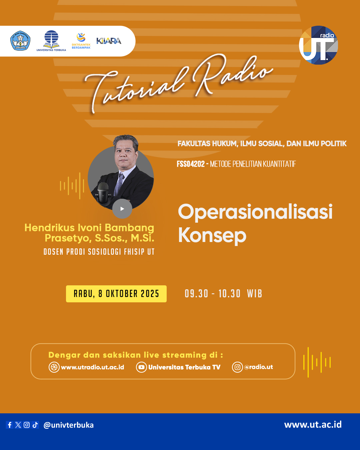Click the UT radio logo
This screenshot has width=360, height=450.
pos(318,45)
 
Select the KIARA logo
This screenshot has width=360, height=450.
pos(109,41)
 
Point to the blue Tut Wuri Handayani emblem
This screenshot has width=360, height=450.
pos(20,41)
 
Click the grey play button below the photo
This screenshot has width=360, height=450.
pos(122,209)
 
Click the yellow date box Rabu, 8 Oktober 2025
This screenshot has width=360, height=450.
pos(116,294)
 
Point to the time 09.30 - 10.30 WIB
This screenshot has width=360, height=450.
pos(223,294)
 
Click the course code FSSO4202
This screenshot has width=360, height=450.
pos(191,164)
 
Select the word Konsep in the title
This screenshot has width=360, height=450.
pos(212,235)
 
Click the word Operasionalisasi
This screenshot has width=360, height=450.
pos(255,212)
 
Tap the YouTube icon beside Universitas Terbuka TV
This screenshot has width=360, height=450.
pos(141,367)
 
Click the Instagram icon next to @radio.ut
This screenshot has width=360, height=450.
pos(237,367)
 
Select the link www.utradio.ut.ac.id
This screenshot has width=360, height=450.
pos(92,367)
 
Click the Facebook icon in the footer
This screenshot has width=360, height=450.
pos(10,425)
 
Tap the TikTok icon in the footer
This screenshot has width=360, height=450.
pos(35,425)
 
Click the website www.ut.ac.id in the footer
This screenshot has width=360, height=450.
pos(313,424)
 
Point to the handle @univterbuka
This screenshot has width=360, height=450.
pos(68,425)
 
